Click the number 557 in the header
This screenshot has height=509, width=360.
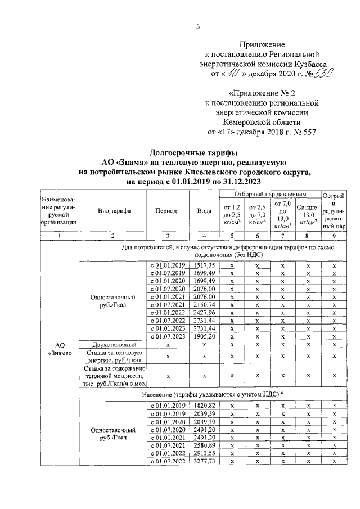pos(308,133)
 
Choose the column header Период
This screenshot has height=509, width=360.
pos(166,211)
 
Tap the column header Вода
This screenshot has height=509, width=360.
pos(204,211)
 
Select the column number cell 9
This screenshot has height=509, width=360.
pos(334,236)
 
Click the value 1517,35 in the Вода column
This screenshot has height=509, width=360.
pos(204,264)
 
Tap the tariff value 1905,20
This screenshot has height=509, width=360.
pos(204,336)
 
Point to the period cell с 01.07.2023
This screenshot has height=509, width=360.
pos(166,336)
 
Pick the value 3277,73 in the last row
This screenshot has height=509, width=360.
pos(204,461)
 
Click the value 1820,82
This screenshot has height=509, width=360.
pos(204,406)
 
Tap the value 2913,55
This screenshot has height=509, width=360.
pos(204,453)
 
